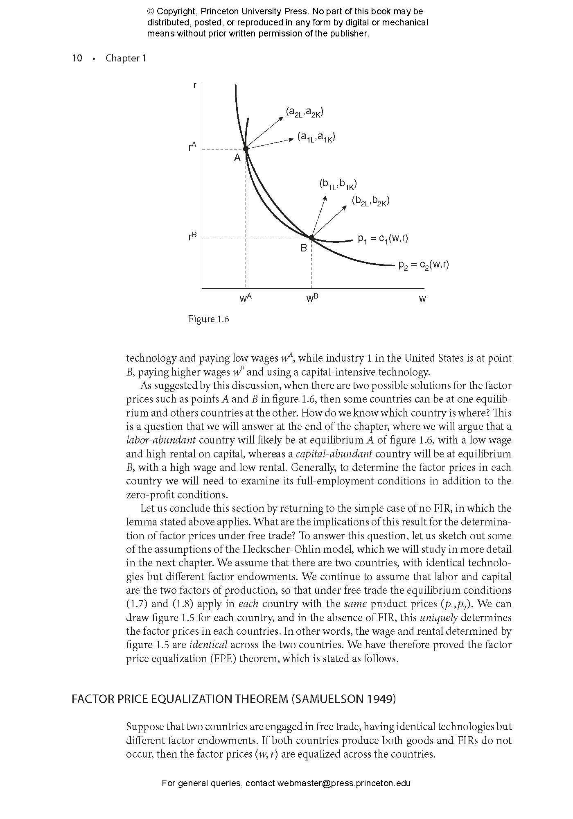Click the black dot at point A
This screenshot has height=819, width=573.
(x=246, y=149)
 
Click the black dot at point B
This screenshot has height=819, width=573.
(x=311, y=238)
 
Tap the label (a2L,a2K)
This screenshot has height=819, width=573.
(x=305, y=112)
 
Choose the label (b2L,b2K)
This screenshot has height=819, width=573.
(x=370, y=201)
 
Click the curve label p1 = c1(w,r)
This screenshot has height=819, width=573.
(x=383, y=238)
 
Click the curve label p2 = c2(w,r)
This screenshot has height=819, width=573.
(x=424, y=265)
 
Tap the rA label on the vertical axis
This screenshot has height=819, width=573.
(x=192, y=146)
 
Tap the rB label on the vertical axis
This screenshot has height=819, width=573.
(x=192, y=236)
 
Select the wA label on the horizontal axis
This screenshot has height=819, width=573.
(x=245, y=298)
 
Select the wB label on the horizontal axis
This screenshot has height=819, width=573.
(x=312, y=298)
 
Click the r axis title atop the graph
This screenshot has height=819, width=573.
(x=194, y=85)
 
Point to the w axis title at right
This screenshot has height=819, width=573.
(x=422, y=299)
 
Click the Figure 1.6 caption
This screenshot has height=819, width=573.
(x=208, y=319)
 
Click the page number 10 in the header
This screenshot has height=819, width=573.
(x=77, y=58)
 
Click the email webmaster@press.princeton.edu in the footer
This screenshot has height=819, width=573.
(x=343, y=783)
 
